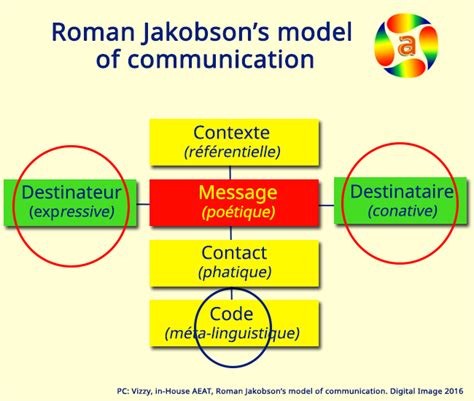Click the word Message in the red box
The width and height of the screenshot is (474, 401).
tap(237, 191)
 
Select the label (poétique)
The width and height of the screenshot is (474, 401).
tap(237, 211)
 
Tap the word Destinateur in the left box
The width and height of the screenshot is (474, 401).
tap(72, 191)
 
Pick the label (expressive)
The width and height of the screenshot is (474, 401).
tap(72, 211)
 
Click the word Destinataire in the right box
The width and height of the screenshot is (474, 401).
tap(401, 191)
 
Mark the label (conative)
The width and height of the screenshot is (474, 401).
tap(402, 211)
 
